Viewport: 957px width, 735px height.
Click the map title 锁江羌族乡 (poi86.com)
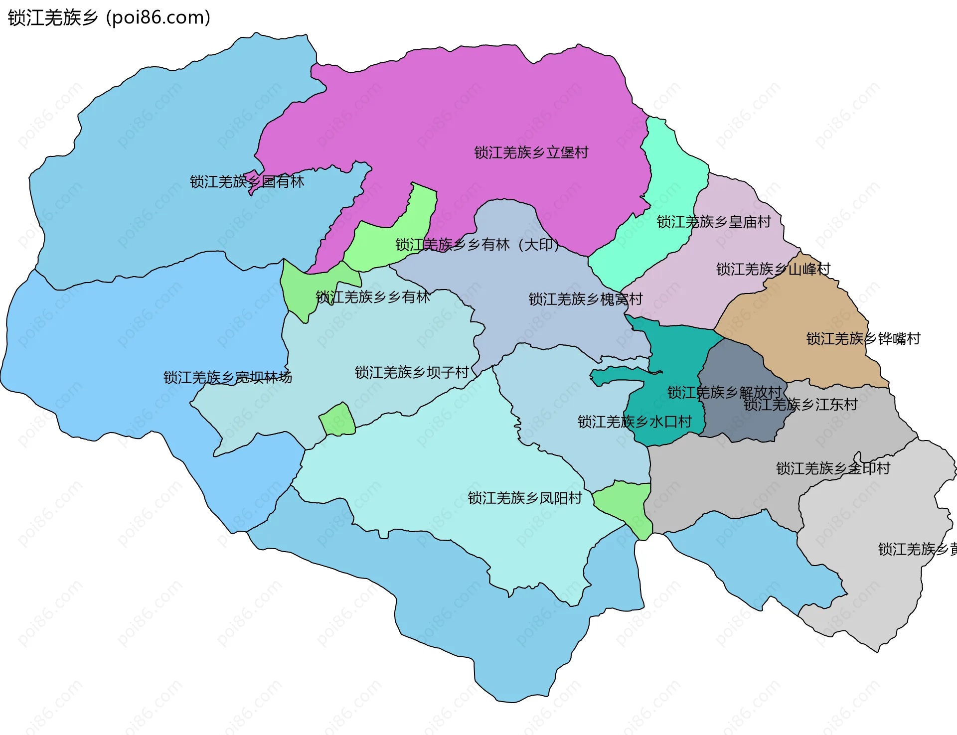[x=109, y=18]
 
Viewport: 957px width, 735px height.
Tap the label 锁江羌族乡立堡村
[x=531, y=152]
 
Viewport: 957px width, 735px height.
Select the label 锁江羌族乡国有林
[x=247, y=182]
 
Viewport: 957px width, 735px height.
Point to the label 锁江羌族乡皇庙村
[x=713, y=222]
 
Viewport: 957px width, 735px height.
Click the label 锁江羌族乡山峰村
[x=773, y=270]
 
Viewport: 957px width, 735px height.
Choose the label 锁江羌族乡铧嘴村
[x=863, y=339]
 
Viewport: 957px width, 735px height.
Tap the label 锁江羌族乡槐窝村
[x=585, y=299]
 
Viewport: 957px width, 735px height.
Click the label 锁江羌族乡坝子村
[x=412, y=373]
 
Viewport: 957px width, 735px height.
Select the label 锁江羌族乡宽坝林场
[x=228, y=378]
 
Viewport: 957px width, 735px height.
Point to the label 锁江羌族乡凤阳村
[x=524, y=498]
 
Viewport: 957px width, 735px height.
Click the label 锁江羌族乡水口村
[x=634, y=422]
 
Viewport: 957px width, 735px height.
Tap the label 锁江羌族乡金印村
[x=832, y=469]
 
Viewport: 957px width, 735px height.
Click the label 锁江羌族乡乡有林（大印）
[x=477, y=245]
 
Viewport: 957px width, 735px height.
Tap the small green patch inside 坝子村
[x=337, y=420]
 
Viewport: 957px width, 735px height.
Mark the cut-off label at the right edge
[x=917, y=550]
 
